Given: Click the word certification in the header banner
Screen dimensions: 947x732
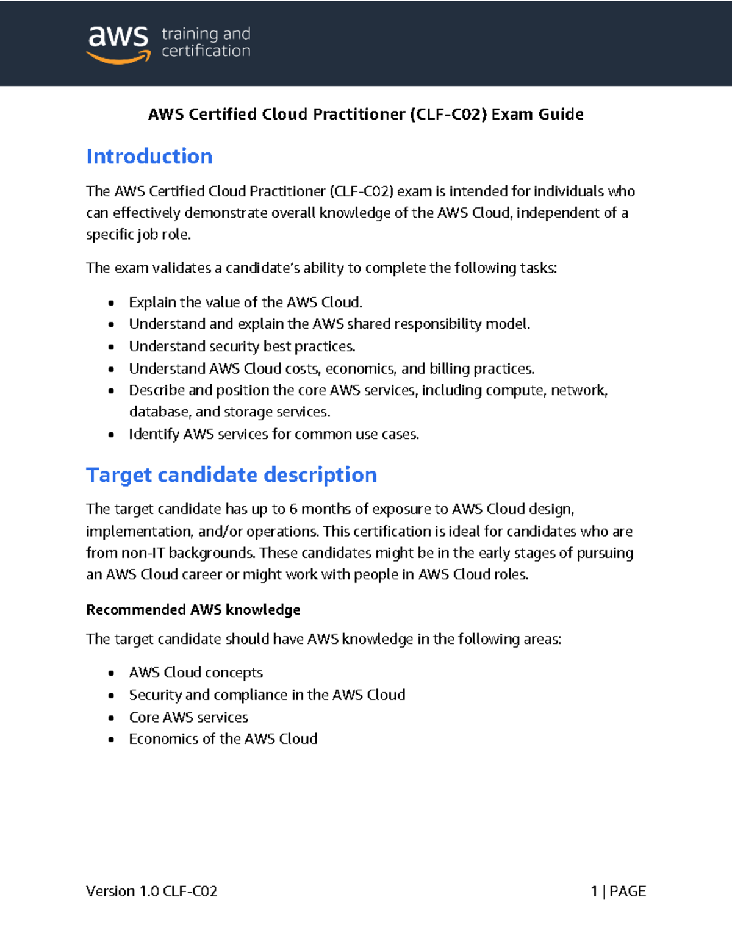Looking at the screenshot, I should tap(206, 51).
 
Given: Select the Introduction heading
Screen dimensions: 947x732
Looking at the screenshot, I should tap(149, 157).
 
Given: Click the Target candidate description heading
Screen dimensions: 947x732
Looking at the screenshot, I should tap(231, 475).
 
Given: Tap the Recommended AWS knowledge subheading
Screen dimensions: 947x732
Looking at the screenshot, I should tap(193, 610).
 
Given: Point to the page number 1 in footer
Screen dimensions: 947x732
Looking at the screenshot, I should tap(594, 892).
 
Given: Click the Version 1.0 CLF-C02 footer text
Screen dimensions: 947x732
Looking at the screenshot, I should tap(151, 892).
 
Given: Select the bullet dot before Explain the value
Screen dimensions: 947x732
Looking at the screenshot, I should tap(111, 303).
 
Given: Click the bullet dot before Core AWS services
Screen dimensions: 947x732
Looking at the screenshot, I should tap(111, 718).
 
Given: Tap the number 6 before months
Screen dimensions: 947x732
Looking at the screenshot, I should tap(293, 509).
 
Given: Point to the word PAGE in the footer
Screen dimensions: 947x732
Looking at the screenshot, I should tap(627, 892).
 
